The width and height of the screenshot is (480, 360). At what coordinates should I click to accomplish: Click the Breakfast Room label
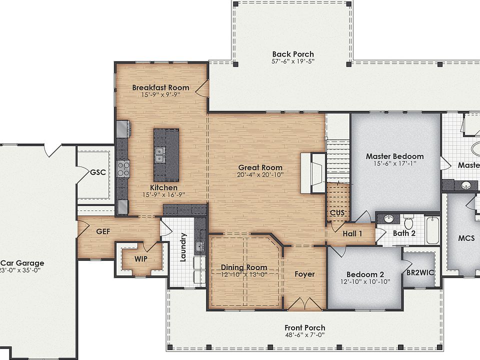[160, 87]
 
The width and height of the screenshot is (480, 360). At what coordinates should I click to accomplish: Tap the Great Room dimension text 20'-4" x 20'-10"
[260, 175]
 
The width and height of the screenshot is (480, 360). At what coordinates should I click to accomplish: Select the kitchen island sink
[160, 154]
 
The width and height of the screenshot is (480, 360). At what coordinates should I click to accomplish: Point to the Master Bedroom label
[394, 156]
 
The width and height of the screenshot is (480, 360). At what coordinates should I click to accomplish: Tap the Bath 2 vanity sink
[387, 218]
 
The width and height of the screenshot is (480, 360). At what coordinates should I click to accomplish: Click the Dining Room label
[244, 267]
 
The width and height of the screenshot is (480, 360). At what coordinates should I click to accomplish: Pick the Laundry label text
[183, 247]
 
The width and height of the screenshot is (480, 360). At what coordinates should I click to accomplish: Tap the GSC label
[97, 172]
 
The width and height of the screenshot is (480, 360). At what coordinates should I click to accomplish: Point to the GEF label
[102, 231]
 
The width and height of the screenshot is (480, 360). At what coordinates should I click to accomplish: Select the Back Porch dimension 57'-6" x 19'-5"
[293, 62]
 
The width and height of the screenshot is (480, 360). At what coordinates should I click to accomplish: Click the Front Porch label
[304, 328]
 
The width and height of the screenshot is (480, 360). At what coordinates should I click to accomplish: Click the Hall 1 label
[352, 233]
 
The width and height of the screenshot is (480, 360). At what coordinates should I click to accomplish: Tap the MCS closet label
[466, 238]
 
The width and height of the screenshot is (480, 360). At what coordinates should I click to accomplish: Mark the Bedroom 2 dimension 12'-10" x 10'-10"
[365, 281]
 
